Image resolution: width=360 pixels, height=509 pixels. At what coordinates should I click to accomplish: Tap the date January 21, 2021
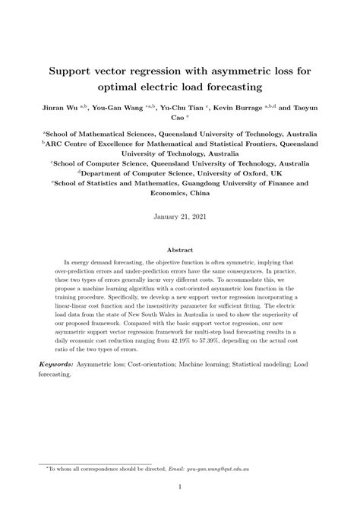pyautogui.click(x=180, y=216)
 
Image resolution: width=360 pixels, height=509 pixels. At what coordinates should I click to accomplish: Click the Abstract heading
pyautogui.click(x=180, y=249)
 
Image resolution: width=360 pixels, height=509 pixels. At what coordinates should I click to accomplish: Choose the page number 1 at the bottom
pyautogui.click(x=180, y=487)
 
